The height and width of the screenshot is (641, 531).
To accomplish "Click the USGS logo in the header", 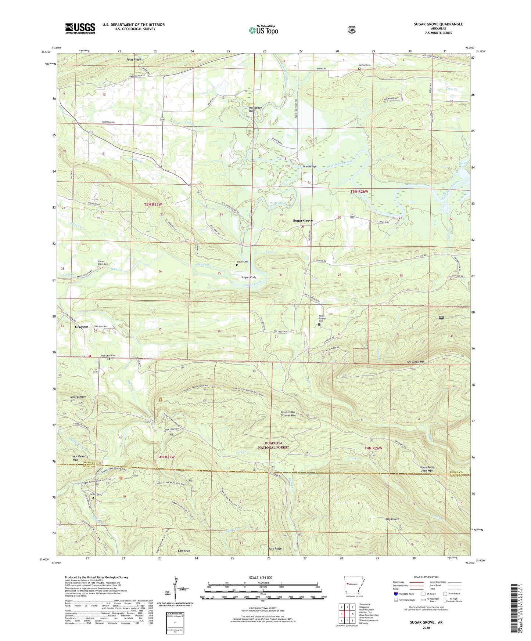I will click(80, 28).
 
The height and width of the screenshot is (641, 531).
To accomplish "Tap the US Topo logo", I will click(263, 30).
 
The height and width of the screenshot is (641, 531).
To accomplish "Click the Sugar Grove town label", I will click(302, 221).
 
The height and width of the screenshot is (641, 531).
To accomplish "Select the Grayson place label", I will click(82, 327).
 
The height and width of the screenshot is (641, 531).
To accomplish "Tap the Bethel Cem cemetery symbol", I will click(359, 68).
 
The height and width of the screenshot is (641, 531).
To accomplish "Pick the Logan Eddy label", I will click(249, 278).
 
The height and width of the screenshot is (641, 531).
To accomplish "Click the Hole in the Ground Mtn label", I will click(288, 414).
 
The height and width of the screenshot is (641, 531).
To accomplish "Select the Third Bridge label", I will click(309, 167).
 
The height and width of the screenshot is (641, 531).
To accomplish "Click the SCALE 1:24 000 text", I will click(261, 578).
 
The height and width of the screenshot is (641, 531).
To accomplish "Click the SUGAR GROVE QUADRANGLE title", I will click(438, 24).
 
